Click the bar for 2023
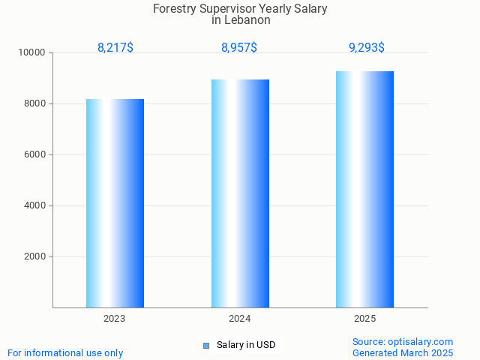pos(115,203)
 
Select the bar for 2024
pos(240,193)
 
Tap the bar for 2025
pos(364,189)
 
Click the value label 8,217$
pos(115,48)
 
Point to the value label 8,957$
pos(239,48)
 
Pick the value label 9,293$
pos(367,48)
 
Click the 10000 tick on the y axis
pos(32,53)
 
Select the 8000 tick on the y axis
pos(34,104)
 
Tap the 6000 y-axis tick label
pos(34,155)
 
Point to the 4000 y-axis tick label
pos(34,206)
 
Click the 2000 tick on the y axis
pos(34,257)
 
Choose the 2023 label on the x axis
pos(115,319)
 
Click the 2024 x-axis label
pos(240,319)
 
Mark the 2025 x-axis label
pos(364,319)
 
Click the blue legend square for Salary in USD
pos(205,346)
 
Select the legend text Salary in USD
pos(246,346)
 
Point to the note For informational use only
pos(65,353)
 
